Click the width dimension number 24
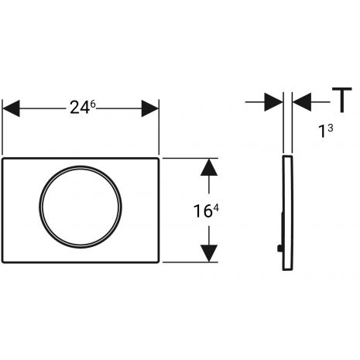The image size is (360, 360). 80,108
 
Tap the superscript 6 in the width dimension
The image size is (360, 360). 93,105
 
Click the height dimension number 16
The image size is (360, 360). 203,211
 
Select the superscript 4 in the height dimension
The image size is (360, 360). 216,208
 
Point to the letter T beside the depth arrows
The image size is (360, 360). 342,100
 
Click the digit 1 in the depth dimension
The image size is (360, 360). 322,131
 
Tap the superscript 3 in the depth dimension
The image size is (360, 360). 331,128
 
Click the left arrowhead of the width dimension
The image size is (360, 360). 11,108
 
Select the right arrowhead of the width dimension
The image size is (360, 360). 150,108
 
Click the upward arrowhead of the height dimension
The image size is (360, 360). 209,167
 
